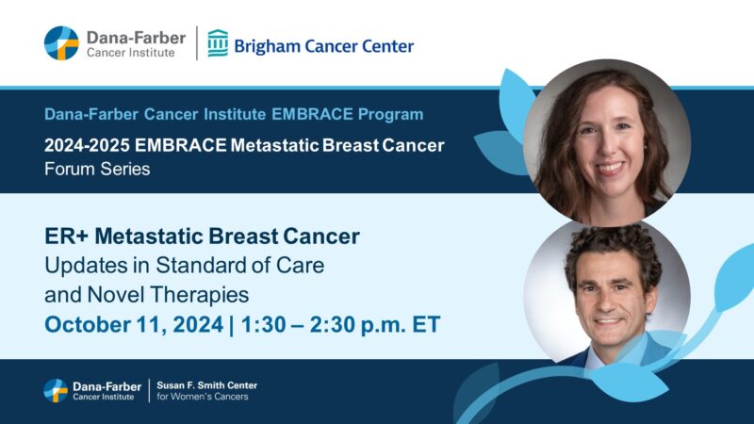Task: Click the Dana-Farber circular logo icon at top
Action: point(61,43)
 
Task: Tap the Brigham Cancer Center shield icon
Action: point(218,43)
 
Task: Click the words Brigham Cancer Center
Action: point(323,45)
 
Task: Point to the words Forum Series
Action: point(97,170)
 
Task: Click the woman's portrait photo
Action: point(607,141)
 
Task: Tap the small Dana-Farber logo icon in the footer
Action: point(56,390)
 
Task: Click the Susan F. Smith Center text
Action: point(206,385)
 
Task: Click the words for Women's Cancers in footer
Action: point(205,398)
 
